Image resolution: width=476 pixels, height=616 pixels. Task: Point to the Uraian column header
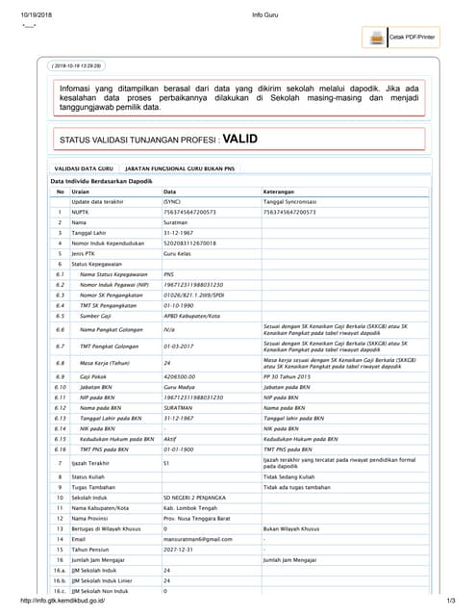pos(81,192)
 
